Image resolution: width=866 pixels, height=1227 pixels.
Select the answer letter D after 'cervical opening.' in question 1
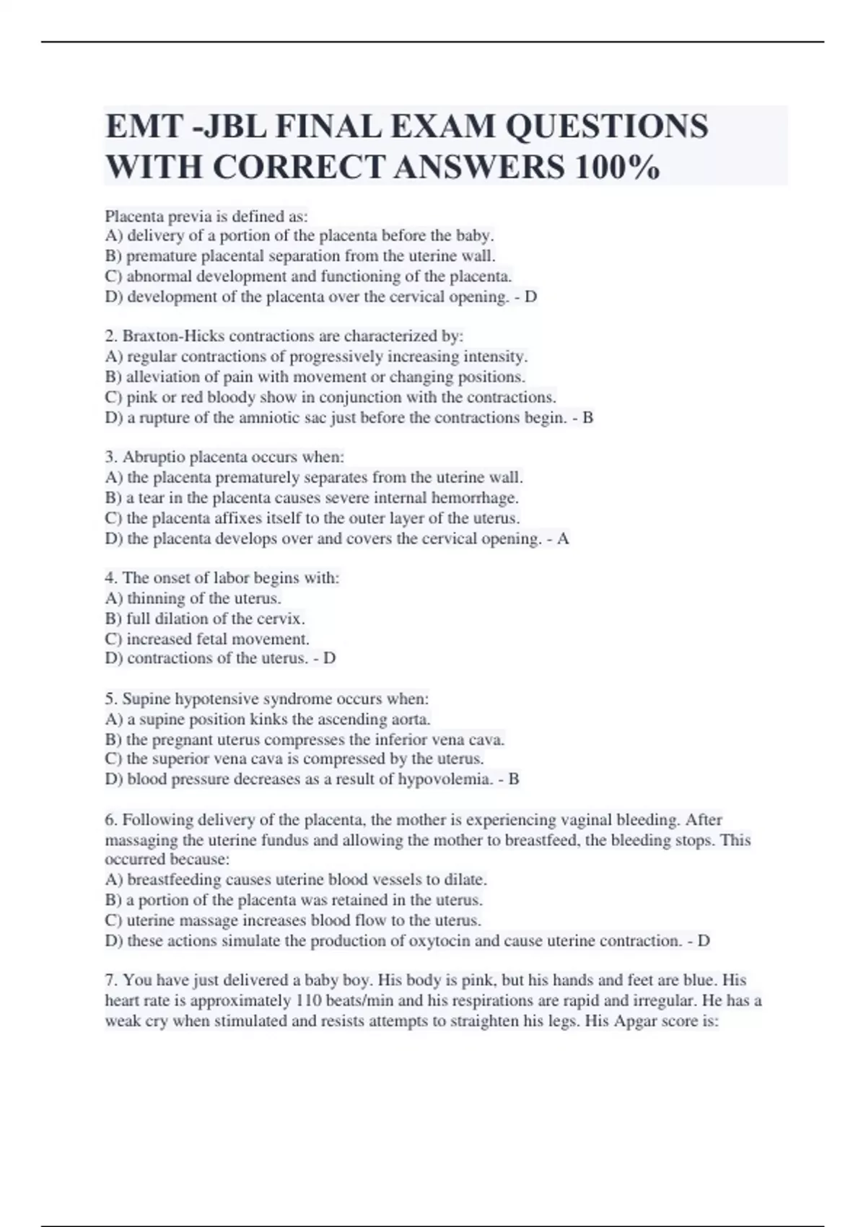pyautogui.click(x=530, y=297)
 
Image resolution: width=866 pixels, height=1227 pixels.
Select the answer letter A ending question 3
pyautogui.click(x=563, y=538)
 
